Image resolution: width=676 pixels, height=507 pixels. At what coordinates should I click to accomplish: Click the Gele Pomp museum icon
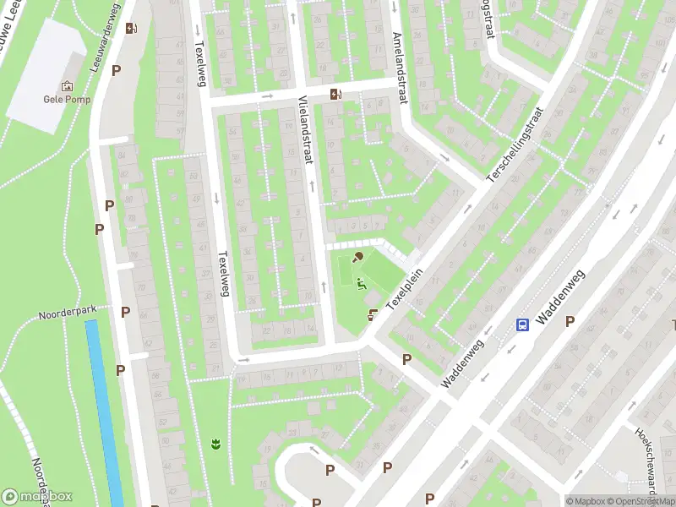pyautogui.click(x=67, y=85)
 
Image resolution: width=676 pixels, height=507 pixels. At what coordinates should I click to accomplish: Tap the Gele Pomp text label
pyautogui.click(x=67, y=97)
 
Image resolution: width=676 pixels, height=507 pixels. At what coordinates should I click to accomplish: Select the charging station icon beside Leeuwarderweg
pyautogui.click(x=131, y=29)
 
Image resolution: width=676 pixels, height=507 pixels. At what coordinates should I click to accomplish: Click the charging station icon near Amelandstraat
pyautogui.click(x=336, y=94)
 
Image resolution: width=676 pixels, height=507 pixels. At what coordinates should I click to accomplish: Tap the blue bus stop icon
pyautogui.click(x=523, y=324)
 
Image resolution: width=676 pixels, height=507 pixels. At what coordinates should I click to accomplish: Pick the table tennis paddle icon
pyautogui.click(x=358, y=257)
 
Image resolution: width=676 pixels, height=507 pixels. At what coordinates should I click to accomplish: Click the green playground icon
pyautogui.click(x=362, y=283)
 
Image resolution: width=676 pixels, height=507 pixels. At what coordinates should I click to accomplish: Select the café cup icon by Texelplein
pyautogui.click(x=373, y=314)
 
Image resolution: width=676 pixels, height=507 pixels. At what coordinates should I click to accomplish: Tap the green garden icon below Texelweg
pyautogui.click(x=216, y=442)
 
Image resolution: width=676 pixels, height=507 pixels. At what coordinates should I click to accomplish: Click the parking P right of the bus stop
pyautogui.click(x=570, y=321)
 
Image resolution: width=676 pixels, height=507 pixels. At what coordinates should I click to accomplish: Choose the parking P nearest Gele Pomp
pyautogui.click(x=116, y=72)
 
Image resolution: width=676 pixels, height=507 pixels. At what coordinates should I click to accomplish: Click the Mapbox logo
pyautogui.click(x=36, y=497)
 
